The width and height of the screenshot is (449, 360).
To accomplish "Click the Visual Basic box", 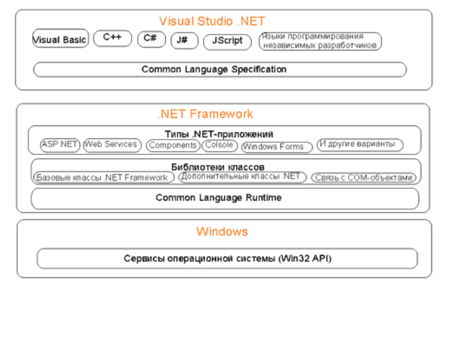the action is click(60, 38).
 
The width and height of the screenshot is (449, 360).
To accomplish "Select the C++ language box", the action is click(113, 38).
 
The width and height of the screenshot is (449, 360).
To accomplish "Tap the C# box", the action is click(151, 39).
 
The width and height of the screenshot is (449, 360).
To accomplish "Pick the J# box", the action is click(184, 40).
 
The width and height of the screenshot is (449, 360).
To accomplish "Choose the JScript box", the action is click(228, 42).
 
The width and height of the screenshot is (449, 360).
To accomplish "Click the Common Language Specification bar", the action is click(220, 69).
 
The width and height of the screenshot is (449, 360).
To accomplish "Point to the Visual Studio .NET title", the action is click(212, 21).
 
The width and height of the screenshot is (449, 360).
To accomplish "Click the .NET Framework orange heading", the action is click(205, 114).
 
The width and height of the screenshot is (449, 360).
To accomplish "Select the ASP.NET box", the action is click(60, 145).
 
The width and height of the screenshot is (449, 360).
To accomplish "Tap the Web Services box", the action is click(112, 145).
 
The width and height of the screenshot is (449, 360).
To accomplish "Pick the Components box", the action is click(173, 146).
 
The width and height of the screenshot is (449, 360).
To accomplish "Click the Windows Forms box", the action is click(277, 147).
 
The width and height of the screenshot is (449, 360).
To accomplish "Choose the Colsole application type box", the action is click(220, 145).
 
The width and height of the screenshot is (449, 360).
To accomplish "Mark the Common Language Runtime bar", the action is click(225, 199).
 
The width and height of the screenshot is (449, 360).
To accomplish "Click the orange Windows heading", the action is click(222, 231).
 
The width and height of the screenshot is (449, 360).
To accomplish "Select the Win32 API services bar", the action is click(227, 259).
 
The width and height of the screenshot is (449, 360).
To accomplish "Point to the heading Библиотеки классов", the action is click(218, 167).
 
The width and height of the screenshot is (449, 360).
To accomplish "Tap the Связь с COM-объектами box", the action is click(363, 178).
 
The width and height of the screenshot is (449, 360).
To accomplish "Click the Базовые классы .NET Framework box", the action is click(104, 177).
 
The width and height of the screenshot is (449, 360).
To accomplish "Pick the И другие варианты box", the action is click(360, 144).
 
